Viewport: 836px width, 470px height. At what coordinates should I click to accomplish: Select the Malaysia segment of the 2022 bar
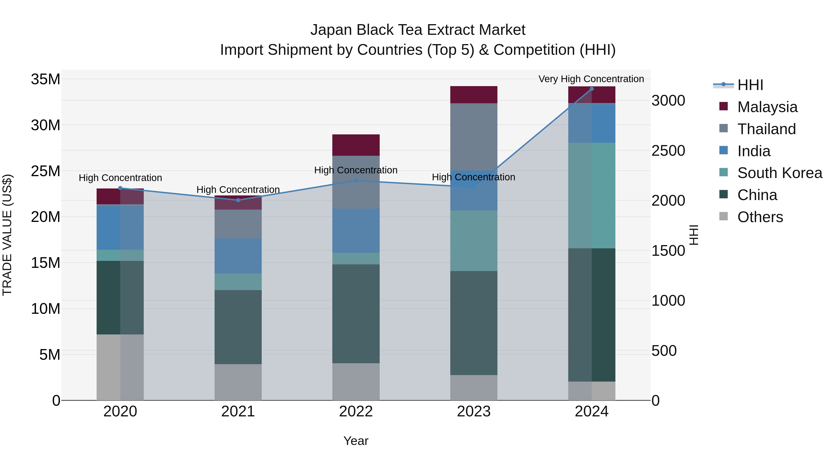point(356,145)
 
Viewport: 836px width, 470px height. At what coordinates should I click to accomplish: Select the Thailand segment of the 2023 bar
point(474,136)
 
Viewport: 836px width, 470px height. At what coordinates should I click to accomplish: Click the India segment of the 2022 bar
point(356,231)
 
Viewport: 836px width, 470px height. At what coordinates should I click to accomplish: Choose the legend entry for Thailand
point(766,129)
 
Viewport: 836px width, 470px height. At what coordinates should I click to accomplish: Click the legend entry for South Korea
point(780,173)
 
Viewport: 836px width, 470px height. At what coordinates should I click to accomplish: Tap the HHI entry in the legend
point(750,85)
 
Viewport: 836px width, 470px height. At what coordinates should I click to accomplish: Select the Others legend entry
point(760,217)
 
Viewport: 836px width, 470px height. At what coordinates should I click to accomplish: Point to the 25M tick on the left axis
point(46,171)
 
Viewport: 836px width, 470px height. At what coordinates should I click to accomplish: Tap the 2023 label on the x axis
point(474,412)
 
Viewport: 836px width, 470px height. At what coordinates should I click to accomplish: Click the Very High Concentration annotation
point(591,79)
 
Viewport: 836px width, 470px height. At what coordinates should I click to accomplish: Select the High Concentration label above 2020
point(120,178)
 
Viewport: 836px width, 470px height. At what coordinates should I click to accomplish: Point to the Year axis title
point(356,441)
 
